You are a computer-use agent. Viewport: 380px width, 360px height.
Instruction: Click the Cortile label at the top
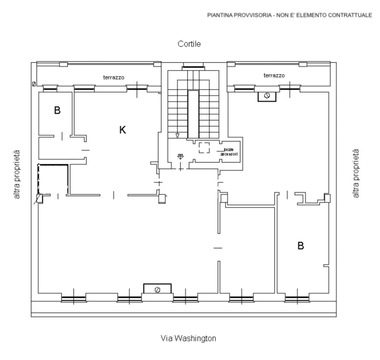(x=189, y=44)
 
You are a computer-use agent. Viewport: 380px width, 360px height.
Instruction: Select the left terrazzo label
(x=114, y=78)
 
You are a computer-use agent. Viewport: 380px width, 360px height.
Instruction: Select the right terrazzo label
(x=274, y=75)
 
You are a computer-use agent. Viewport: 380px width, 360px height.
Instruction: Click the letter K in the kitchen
(x=123, y=130)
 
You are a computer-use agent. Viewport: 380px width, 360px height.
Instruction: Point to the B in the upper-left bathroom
(x=57, y=110)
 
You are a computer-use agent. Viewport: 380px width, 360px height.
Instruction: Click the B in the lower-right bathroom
(x=301, y=246)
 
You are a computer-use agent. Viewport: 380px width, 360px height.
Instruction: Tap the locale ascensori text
(x=229, y=152)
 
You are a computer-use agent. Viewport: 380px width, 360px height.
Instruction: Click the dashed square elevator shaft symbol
(x=204, y=148)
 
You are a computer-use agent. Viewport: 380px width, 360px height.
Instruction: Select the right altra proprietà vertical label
(x=355, y=173)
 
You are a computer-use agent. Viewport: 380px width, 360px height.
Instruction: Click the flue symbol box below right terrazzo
(x=267, y=96)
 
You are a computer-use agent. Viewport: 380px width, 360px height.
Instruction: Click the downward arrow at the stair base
(x=177, y=136)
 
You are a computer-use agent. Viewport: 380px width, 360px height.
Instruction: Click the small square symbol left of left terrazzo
(x=34, y=84)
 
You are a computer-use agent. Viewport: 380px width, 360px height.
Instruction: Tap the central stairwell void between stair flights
(x=193, y=114)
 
